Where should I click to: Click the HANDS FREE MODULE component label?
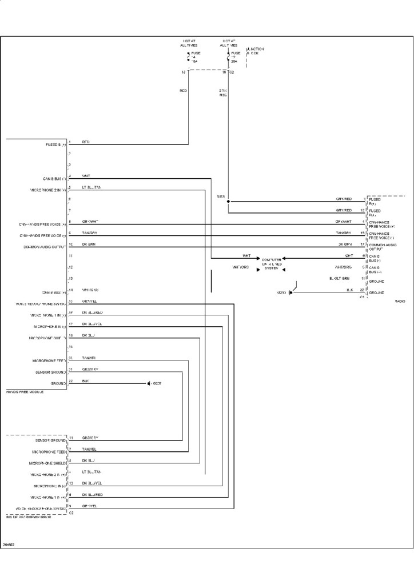click(25, 392)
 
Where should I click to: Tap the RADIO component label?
click(400, 300)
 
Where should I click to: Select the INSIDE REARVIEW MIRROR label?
click(28, 517)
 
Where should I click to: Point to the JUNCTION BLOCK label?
click(256, 51)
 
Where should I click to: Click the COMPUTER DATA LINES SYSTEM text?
click(272, 263)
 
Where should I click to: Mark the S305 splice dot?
click(228, 202)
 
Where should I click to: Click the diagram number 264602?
click(8, 544)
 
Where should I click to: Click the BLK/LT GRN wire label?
click(339, 279)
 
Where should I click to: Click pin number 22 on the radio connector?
click(362, 290)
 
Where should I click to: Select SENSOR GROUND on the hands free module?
click(50, 372)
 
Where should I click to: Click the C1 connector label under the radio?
click(361, 298)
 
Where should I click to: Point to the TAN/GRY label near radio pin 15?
click(344, 233)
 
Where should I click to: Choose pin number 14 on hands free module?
click(70, 290)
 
